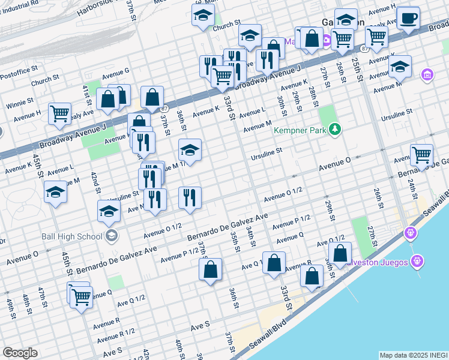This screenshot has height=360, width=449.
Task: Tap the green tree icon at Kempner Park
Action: (x=335, y=129)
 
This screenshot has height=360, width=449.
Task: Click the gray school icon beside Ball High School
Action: (x=110, y=236)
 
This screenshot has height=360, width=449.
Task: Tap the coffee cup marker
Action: (x=408, y=19)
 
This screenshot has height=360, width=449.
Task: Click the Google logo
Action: (x=20, y=353)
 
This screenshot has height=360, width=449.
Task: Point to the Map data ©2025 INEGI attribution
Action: (x=413, y=355)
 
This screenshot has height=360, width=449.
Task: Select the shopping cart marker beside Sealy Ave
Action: (x=59, y=113)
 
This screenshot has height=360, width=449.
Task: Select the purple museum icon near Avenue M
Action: (x=427, y=75)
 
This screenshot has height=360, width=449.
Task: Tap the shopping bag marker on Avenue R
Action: (x=312, y=277)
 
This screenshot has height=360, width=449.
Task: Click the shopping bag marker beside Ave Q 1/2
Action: (x=274, y=263)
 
